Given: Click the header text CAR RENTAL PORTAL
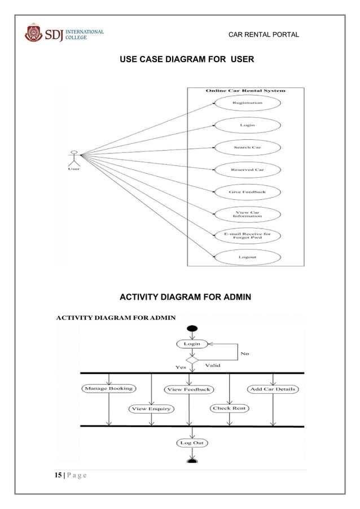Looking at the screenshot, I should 264,35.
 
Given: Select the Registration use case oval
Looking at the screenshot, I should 247,103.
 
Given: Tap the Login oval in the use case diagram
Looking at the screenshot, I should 247,125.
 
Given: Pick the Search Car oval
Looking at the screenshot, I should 247,147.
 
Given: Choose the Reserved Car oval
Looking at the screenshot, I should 247,169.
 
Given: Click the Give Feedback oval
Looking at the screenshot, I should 247,192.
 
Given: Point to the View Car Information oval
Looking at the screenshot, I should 247,214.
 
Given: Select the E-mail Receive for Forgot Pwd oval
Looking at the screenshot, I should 247,236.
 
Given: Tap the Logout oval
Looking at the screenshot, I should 247,257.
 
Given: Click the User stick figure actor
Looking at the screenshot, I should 73,157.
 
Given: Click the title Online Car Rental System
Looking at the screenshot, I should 245,90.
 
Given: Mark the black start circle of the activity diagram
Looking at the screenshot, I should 192,329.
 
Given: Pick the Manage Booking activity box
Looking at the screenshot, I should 108,388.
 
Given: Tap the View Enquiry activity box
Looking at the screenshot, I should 151,409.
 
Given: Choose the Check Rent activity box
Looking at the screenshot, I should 230,408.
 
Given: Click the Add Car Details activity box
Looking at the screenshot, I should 273,389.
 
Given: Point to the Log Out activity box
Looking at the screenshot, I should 192,443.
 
